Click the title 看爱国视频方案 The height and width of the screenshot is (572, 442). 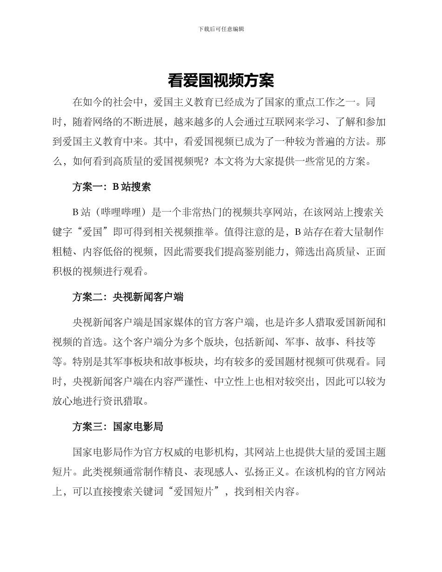coord(221,81)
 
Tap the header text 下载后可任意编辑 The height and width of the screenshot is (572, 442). coord(221,29)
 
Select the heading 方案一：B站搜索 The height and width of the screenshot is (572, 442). coord(112,187)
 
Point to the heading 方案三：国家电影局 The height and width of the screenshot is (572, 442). coord(118,426)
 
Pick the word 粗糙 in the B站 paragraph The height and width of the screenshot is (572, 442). coord(62,252)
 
